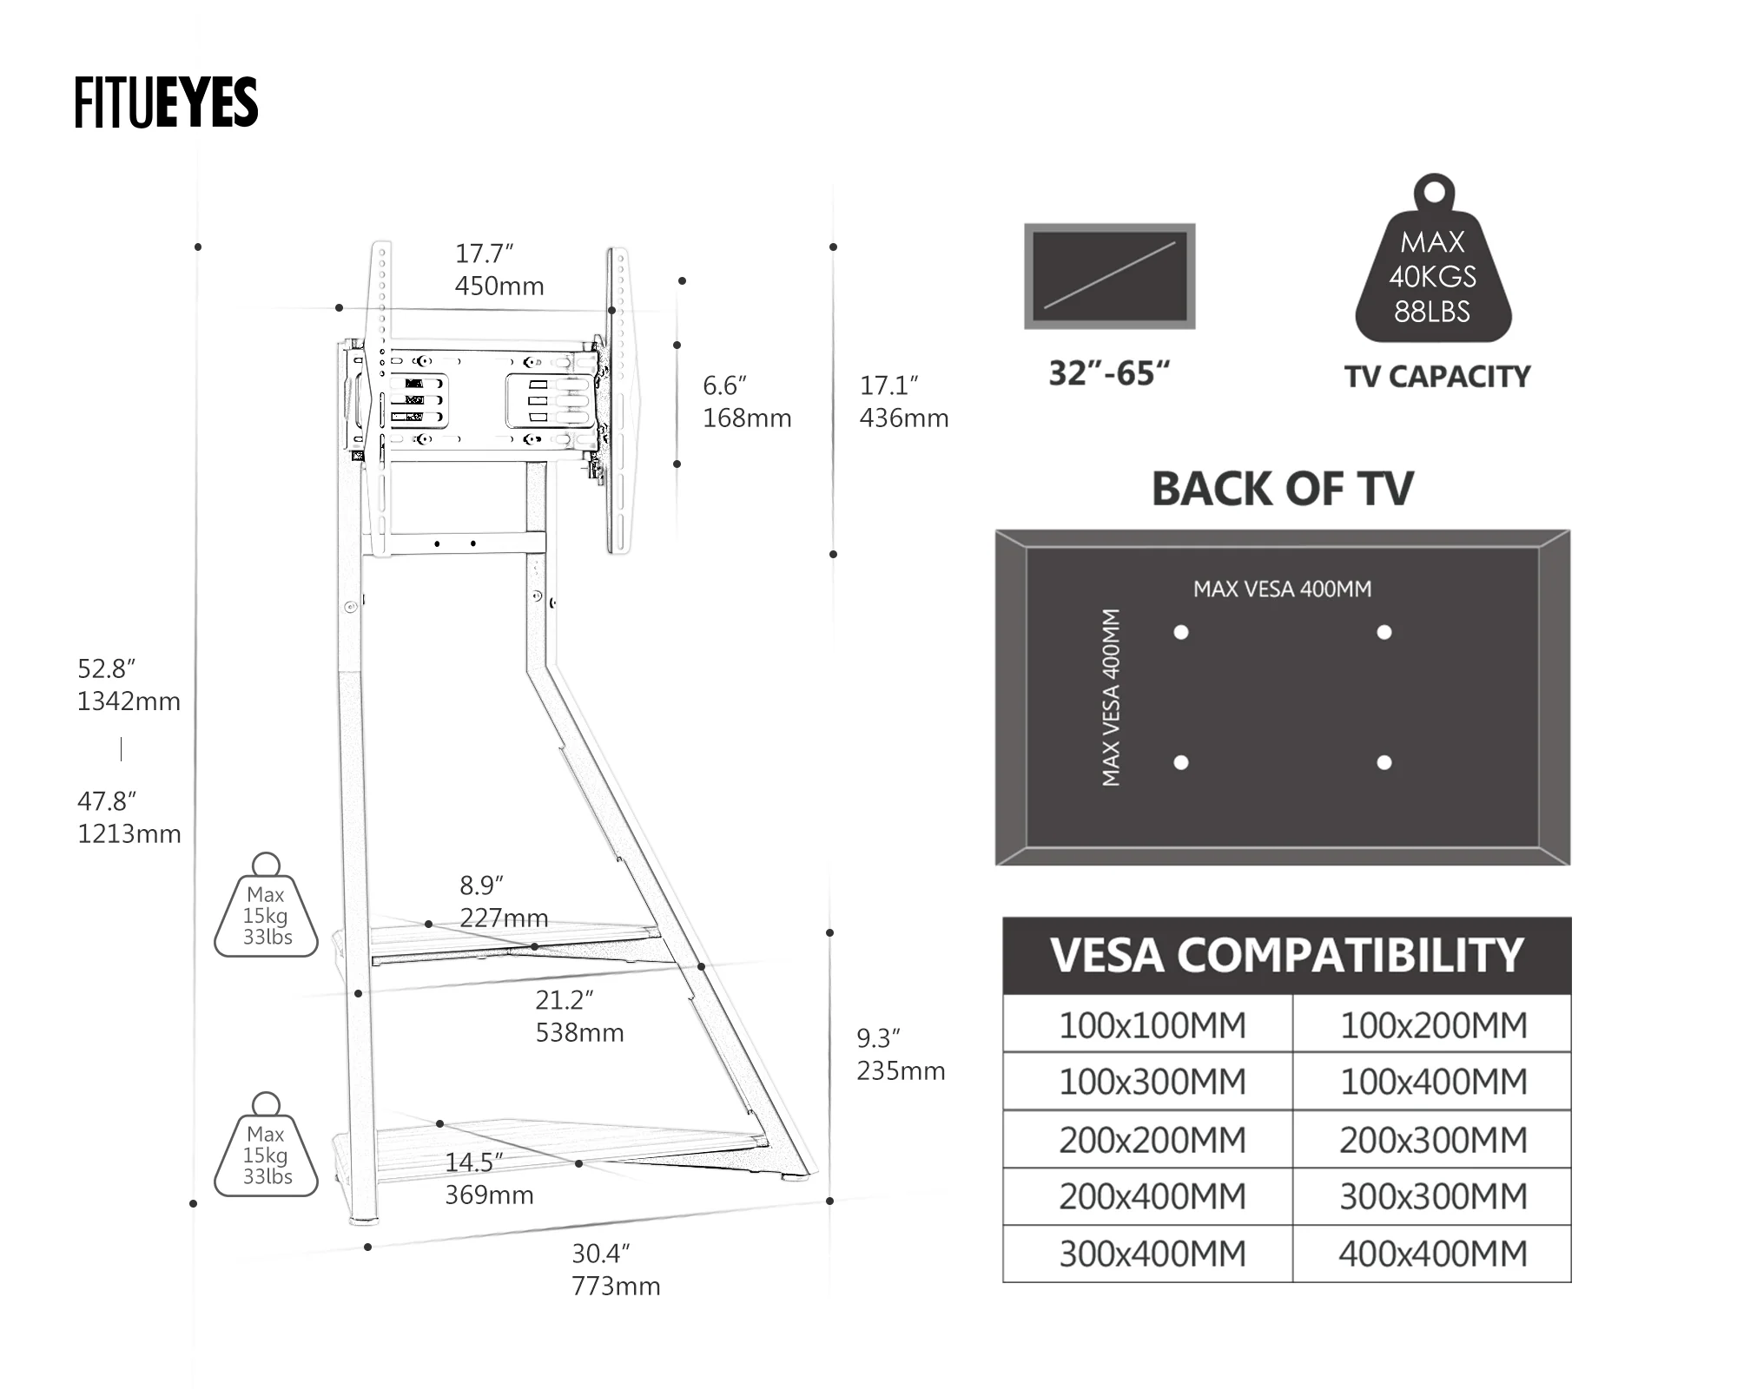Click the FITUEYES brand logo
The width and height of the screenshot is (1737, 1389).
tap(166, 102)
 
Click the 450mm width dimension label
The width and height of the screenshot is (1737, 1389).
tap(499, 286)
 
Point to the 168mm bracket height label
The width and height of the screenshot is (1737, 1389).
tap(747, 418)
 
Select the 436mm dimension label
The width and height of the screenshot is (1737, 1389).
tap(904, 418)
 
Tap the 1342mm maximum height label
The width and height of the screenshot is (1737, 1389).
tap(129, 701)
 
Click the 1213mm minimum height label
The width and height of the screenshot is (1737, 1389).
tap(129, 834)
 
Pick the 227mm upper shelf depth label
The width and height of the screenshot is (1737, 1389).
tap(504, 918)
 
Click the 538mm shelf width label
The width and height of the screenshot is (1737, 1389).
tap(579, 1033)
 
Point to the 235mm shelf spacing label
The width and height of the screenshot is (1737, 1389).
tap(901, 1071)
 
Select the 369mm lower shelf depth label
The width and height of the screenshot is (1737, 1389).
tap(489, 1195)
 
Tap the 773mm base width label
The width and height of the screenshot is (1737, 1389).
tap(616, 1287)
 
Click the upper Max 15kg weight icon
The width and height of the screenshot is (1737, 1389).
tap(267, 912)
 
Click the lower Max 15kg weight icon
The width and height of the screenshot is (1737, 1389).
tap(267, 1151)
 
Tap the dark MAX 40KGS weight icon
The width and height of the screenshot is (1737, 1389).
tap(1433, 269)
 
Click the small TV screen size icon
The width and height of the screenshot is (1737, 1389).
tap(1109, 276)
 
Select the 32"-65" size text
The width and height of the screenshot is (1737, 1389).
tap(1109, 373)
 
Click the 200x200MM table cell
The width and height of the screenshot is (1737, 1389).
tap(1152, 1140)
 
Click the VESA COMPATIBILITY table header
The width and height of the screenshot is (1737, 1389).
tap(1286, 956)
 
